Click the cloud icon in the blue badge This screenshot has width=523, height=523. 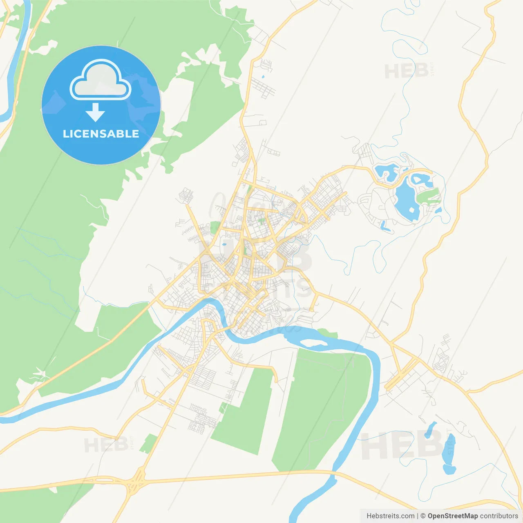click(101, 80)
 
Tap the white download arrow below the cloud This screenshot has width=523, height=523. click(95, 112)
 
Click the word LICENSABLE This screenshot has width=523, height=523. click(101, 134)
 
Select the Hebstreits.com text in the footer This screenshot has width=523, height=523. click(390, 516)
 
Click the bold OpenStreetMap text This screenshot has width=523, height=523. click(453, 516)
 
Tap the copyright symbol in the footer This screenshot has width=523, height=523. click(423, 516)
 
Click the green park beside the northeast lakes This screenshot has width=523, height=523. click(428, 195)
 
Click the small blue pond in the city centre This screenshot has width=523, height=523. click(224, 245)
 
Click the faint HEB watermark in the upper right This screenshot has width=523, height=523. click(407, 71)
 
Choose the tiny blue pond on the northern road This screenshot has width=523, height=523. click(263, 76)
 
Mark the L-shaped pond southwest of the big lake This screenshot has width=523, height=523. click(384, 226)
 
